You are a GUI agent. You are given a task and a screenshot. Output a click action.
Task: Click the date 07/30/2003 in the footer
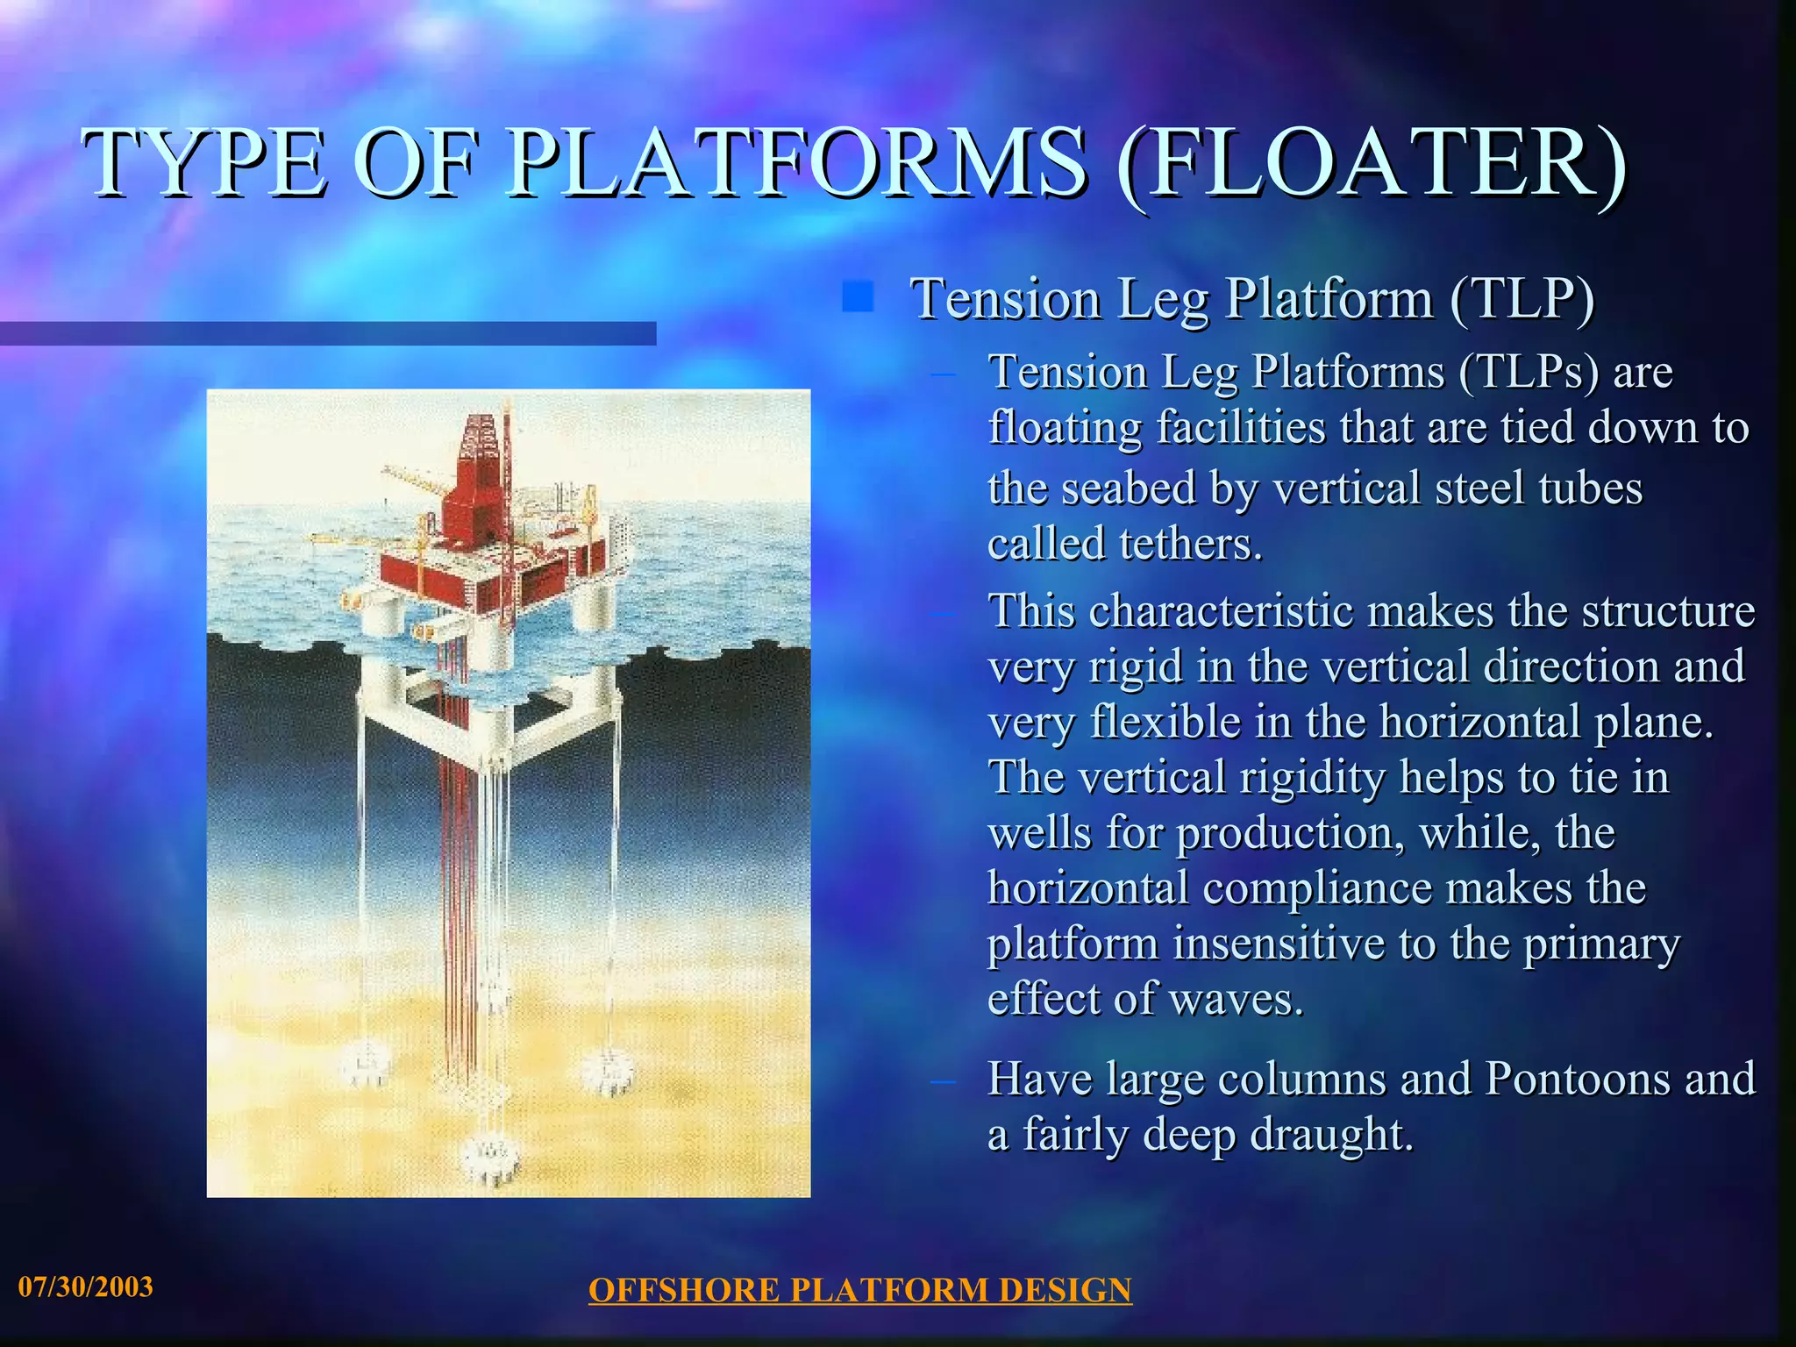coord(86,1286)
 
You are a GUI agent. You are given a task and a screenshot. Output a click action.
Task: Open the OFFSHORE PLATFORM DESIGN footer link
coord(859,1290)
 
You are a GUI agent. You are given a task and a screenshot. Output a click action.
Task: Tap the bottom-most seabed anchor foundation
coord(490,1156)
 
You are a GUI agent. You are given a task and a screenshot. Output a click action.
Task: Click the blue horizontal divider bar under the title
coord(328,333)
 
